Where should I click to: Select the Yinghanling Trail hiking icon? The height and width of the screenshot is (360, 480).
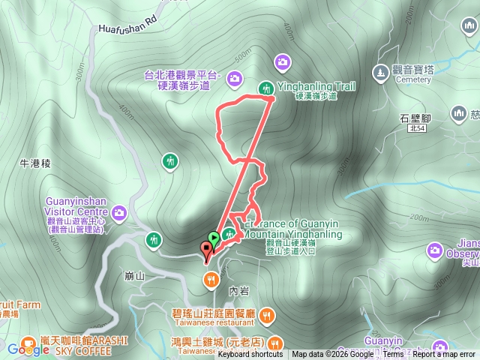click(x=265, y=88)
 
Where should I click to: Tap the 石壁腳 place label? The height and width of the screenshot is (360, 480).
click(x=414, y=118)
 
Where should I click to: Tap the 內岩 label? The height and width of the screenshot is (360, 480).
click(x=238, y=289)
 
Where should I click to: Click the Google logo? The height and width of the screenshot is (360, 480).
click(x=28, y=349)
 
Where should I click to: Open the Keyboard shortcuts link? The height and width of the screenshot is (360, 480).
click(x=250, y=355)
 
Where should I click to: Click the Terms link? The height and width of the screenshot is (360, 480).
click(x=393, y=355)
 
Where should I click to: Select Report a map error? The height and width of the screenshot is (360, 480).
click(x=444, y=355)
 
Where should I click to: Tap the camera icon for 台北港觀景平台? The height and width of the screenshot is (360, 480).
click(x=235, y=77)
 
